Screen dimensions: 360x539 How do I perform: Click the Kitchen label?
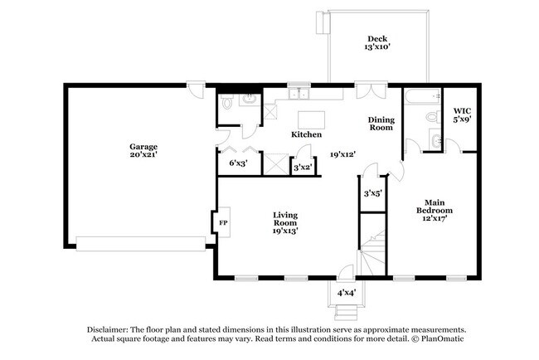coord(306,134)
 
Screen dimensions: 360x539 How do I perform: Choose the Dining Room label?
coord(381,124)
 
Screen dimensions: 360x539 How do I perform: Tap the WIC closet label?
coord(462,111)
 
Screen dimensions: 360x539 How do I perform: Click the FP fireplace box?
coord(222,222)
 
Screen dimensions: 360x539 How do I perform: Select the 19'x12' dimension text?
coord(342,154)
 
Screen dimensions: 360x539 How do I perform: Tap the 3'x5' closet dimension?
coord(373,193)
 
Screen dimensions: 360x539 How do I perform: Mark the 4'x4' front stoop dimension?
coord(347,293)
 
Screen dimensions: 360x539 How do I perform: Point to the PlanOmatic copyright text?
coord(439,338)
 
